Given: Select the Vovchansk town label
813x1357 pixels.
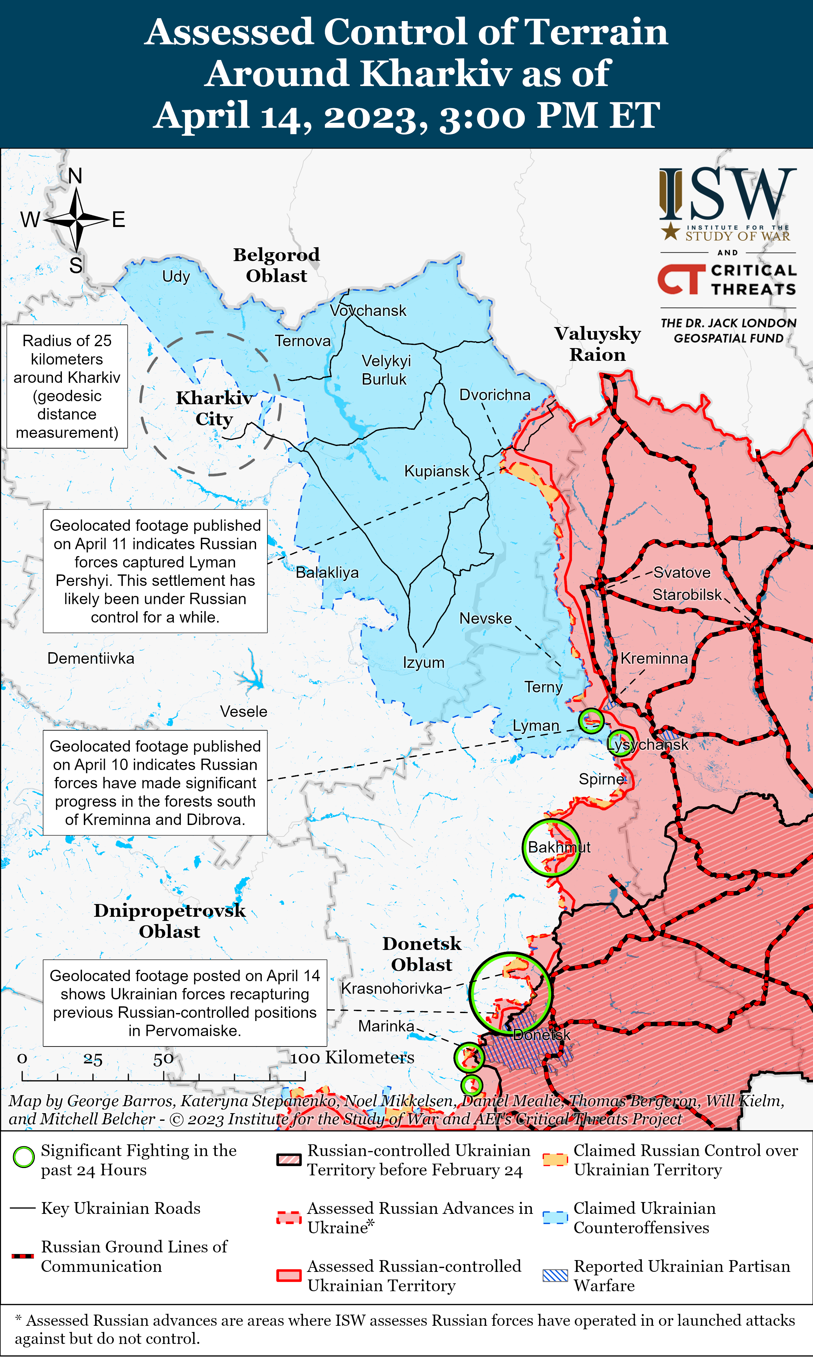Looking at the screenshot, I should point(368,310).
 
